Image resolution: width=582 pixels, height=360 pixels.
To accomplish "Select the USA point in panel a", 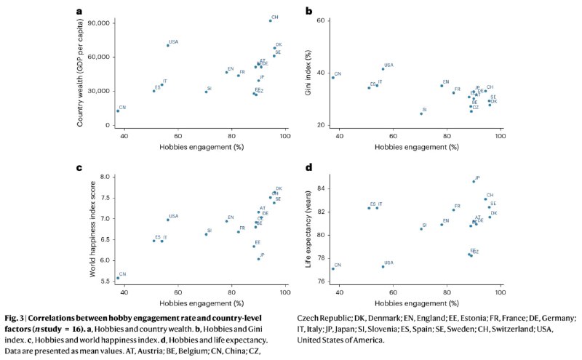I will point(167,45).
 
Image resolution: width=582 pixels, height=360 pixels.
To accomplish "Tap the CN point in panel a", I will point(118,111).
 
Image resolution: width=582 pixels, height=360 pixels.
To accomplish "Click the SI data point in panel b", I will point(421,113).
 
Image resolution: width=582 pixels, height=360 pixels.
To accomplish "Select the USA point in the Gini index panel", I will point(383,69).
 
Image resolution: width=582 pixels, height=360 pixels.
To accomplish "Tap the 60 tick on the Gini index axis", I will point(319,21).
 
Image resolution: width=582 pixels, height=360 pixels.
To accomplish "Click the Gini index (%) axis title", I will point(308,73).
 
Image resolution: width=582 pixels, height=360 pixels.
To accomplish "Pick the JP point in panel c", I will point(258,259).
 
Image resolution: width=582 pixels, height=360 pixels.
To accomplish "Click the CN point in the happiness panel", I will point(118,278).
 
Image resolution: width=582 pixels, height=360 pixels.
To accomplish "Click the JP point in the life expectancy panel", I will point(474,182).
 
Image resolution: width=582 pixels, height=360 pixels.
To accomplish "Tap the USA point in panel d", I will point(383,266).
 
